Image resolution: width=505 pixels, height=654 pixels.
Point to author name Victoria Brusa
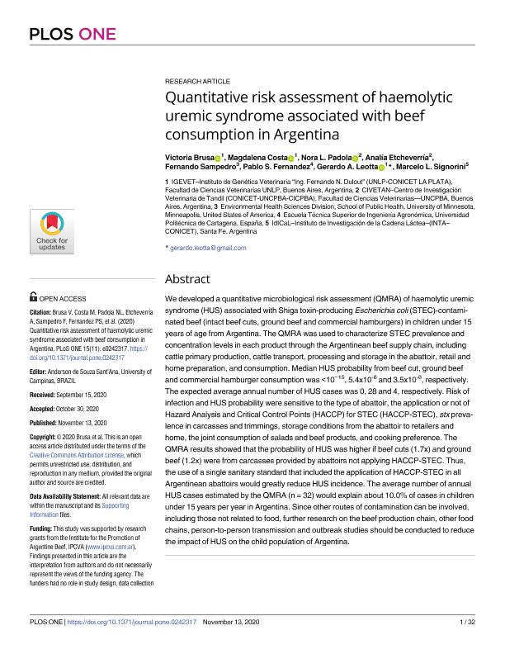point(188,156)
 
